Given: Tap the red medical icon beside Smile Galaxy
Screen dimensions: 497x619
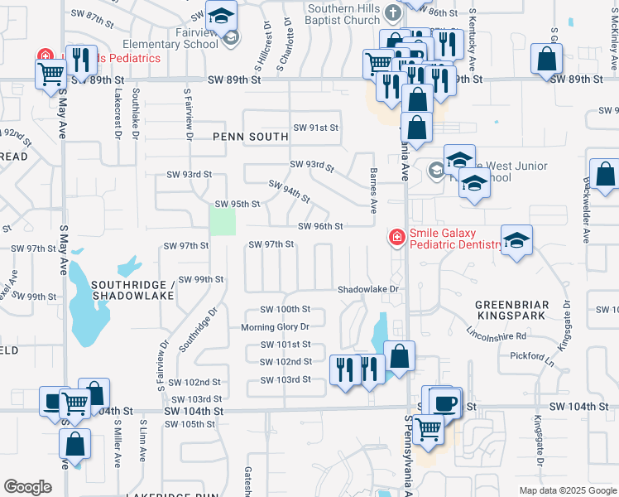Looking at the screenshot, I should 397,239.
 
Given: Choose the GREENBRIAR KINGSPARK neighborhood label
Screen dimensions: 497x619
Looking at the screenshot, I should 510,311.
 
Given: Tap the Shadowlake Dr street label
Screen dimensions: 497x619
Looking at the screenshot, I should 368,290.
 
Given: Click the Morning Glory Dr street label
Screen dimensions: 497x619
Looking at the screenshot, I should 275,327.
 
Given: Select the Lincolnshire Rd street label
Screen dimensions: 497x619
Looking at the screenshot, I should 497,333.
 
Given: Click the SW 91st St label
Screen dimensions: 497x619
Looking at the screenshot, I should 316,128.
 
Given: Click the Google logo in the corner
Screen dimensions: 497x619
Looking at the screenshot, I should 27,487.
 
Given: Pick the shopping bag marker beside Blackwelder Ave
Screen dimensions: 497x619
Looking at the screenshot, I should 605,175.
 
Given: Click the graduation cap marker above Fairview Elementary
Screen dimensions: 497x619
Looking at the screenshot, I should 221,13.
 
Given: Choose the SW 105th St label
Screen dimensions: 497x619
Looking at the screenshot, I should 190,424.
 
